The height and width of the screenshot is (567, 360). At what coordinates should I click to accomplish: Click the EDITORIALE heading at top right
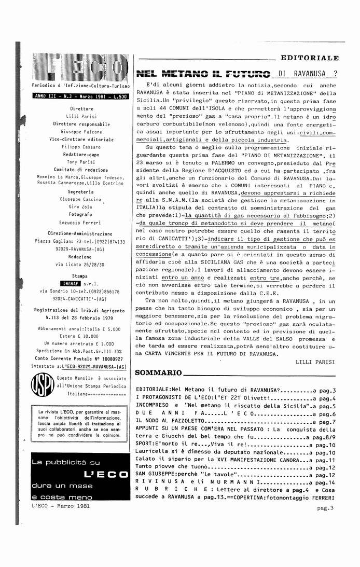pyautogui.click(x=309, y=58)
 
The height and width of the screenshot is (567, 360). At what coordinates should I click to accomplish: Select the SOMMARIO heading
pyautogui.click(x=158, y=372)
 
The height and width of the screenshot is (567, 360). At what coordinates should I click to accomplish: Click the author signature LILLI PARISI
pyautogui.click(x=316, y=361)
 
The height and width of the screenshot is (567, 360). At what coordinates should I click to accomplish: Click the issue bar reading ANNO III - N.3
pyautogui.click(x=80, y=96)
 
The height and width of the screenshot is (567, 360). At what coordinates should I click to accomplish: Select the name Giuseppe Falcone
pyautogui.click(x=81, y=132)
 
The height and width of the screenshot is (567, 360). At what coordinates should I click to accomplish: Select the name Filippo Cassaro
pyautogui.click(x=81, y=147)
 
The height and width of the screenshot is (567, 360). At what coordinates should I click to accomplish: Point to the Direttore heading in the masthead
pyautogui.click(x=81, y=109)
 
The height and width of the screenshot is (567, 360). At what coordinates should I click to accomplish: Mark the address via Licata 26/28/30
pyautogui.click(x=80, y=265)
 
